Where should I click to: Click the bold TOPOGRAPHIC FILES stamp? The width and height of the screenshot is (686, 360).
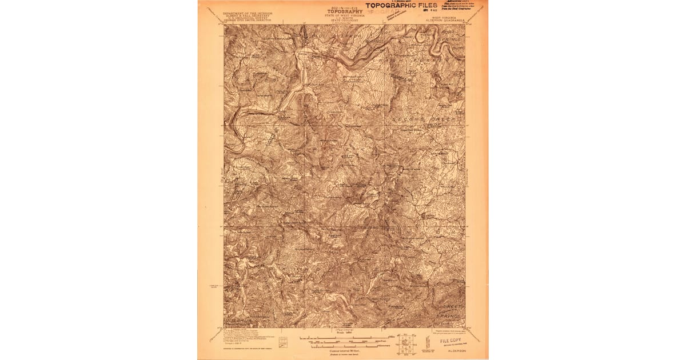pyautogui.click(x=401, y=6)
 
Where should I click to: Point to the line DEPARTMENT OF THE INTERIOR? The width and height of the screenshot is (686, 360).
pyautogui.click(x=248, y=13)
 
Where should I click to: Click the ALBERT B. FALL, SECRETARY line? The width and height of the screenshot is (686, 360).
pyautogui.click(x=248, y=15)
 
